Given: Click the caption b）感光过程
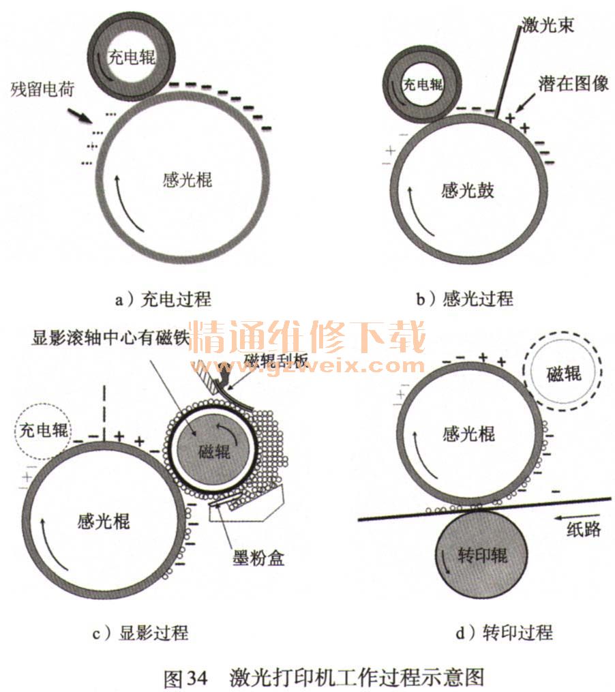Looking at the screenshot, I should point(464,299).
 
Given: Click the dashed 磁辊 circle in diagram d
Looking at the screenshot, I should point(564,373).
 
